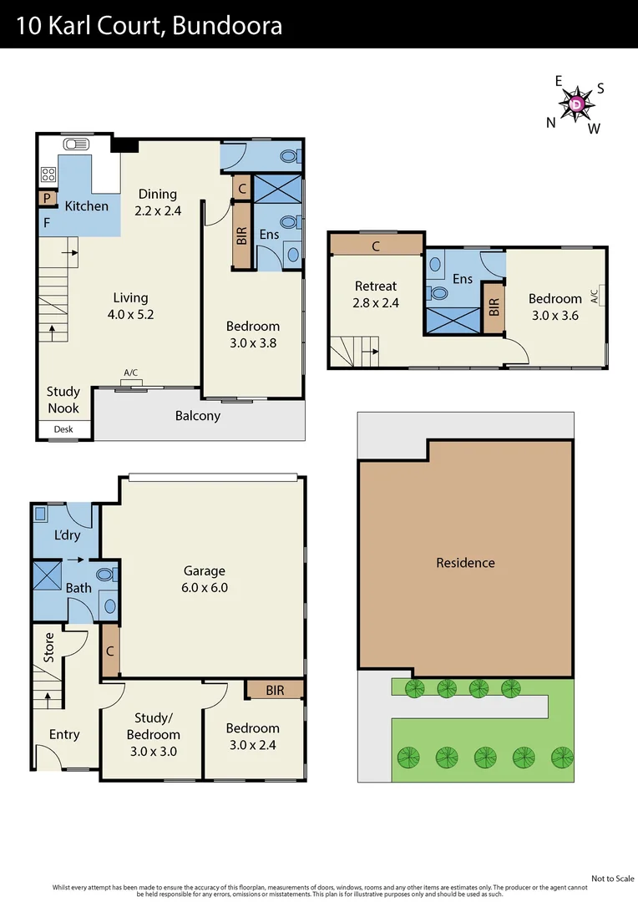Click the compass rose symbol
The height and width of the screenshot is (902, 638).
tap(577, 104)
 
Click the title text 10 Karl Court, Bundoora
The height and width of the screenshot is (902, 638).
tap(149, 25)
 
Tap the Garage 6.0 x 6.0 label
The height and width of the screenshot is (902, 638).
tap(205, 579)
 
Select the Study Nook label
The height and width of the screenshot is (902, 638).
tap(63, 399)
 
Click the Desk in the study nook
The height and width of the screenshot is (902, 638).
tap(63, 429)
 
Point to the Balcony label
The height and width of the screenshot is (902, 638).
tap(198, 415)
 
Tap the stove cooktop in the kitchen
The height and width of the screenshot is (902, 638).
tap(48, 175)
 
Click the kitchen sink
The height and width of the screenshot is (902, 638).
tap(76, 144)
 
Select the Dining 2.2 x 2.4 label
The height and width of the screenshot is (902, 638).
tap(158, 202)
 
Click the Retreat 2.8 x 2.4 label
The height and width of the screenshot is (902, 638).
tap(376, 294)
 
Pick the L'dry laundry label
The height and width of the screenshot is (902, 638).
tap(66, 535)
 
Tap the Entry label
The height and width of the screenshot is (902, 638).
tap(64, 734)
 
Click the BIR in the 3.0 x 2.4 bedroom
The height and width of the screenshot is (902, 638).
tap(275, 690)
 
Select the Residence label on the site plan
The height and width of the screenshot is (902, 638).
tap(465, 562)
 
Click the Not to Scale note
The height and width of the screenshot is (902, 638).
tap(612, 878)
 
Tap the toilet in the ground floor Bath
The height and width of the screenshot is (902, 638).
tap(106, 575)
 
